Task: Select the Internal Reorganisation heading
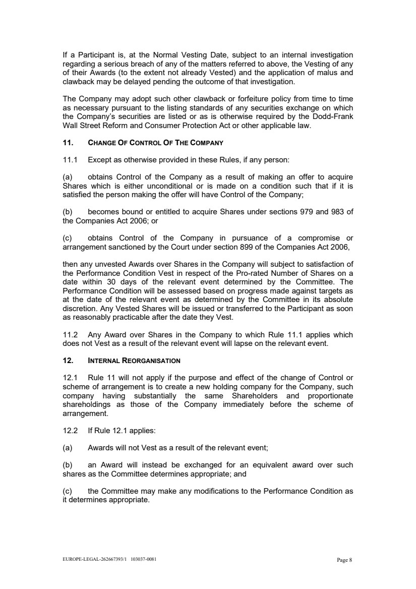[134, 361]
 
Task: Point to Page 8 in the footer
[344, 560]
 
